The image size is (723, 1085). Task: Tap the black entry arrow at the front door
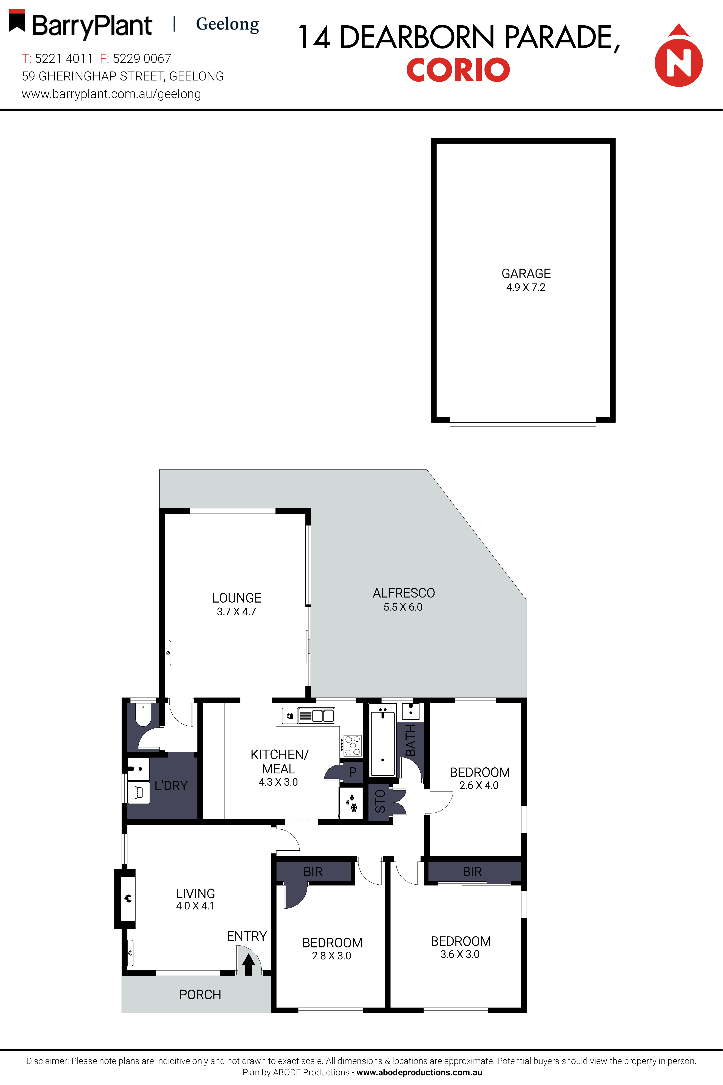[x=249, y=964]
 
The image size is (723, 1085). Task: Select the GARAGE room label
[x=526, y=274]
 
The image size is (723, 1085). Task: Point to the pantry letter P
[x=353, y=772]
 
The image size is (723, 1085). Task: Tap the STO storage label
[x=380, y=801]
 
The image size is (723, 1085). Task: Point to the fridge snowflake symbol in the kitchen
[x=352, y=803]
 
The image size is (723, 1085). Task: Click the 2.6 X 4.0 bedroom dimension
[x=479, y=785]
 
